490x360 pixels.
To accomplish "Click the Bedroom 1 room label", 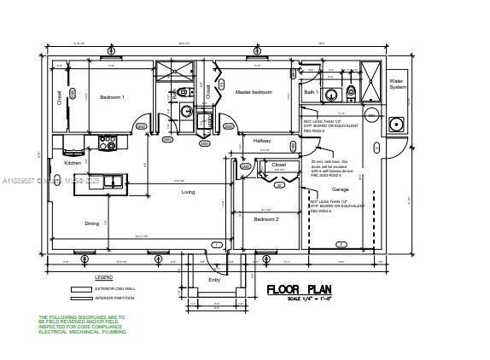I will click(112, 97).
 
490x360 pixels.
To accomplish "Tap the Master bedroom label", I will click(253, 92).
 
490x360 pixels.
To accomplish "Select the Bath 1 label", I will click(311, 91).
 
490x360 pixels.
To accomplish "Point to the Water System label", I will click(398, 84).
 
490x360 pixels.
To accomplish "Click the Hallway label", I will click(261, 141).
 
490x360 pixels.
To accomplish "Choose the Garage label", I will click(340, 189).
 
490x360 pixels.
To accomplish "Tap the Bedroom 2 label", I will click(265, 219).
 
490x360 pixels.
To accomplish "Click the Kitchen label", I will click(73, 162).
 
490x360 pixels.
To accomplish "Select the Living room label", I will click(188, 192).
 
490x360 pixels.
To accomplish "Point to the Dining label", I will click(91, 224).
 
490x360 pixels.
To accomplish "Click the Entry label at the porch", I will click(214, 280).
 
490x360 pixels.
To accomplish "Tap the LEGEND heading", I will click(103, 277).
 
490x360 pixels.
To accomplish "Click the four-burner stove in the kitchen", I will click(108, 142).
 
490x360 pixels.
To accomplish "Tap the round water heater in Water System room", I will click(395, 125).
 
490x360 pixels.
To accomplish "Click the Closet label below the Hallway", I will click(278, 164).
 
